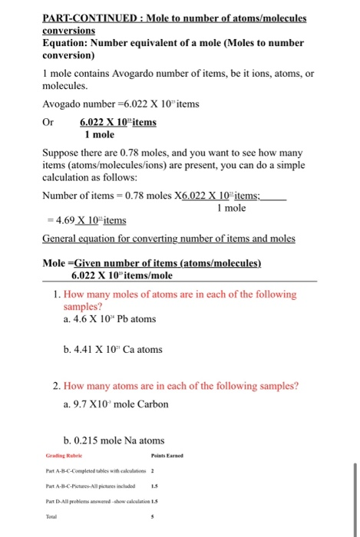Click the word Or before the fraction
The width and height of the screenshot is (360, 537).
48,122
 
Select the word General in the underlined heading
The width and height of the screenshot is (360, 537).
61,239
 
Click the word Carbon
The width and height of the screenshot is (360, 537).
150,404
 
